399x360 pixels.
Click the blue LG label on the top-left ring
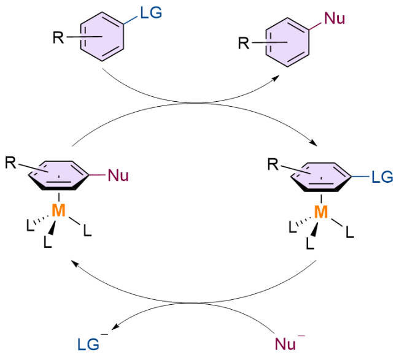(x=151, y=12)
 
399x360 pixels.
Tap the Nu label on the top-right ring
(x=335, y=18)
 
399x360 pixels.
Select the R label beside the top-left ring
(x=58, y=37)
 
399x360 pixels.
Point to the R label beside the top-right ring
(x=244, y=43)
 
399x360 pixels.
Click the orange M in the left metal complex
(x=59, y=210)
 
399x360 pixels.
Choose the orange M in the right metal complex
(x=321, y=212)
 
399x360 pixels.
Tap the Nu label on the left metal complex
(x=118, y=175)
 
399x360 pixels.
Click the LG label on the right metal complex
(x=382, y=177)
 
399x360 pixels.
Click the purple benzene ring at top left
(x=102, y=36)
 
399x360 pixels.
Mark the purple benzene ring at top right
(x=287, y=42)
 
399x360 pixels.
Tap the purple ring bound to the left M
(x=59, y=175)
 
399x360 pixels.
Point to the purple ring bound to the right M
(x=321, y=177)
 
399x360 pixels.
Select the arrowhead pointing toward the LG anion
(x=115, y=327)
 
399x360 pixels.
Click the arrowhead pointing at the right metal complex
(x=314, y=143)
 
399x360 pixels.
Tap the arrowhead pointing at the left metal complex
(x=74, y=263)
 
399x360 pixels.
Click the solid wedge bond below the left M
(x=52, y=228)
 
